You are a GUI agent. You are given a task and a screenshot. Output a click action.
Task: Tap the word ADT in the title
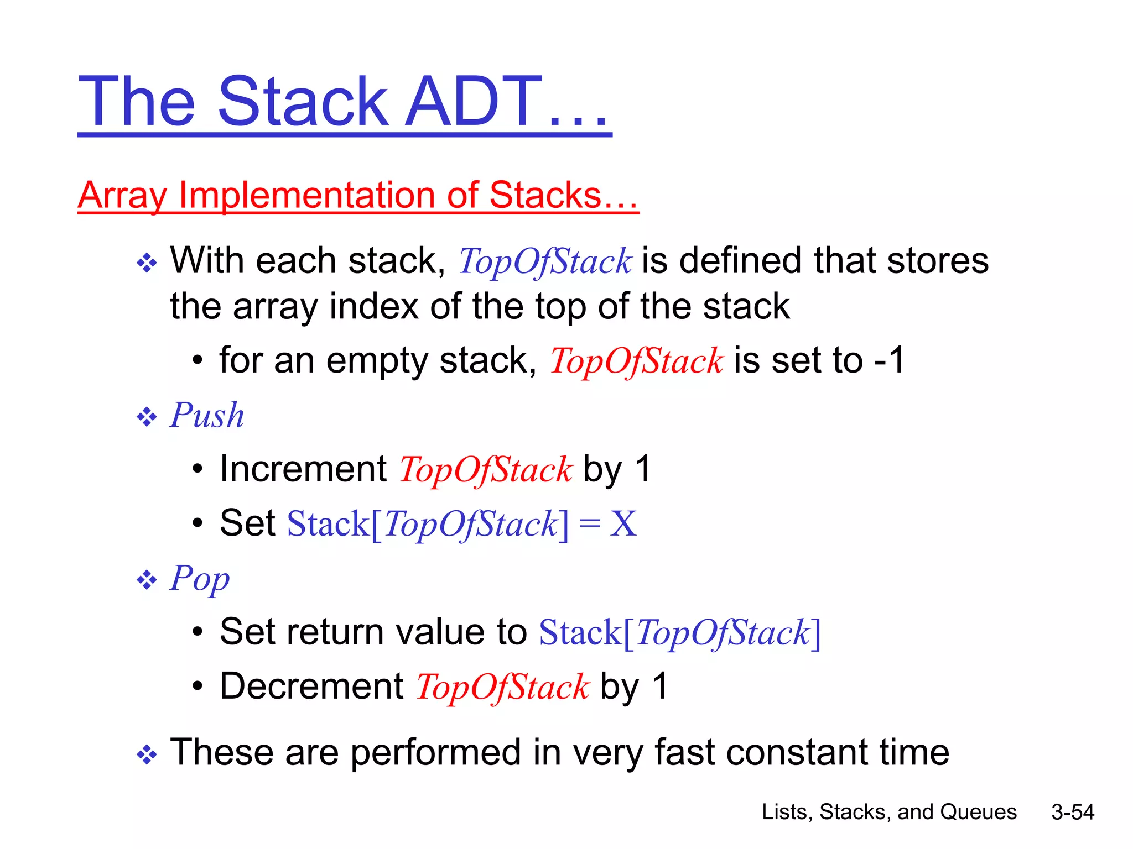(473, 102)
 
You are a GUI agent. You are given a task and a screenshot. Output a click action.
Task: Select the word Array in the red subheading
(122, 196)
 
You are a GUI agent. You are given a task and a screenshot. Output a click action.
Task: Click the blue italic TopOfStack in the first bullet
(544, 261)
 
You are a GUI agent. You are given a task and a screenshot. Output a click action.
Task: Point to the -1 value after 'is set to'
(889, 360)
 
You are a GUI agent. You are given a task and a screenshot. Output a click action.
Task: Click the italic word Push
(207, 415)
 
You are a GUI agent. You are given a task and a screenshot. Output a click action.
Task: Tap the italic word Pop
(200, 579)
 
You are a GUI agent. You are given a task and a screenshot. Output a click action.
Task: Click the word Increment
(303, 469)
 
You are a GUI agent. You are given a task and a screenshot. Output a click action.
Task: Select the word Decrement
(311, 686)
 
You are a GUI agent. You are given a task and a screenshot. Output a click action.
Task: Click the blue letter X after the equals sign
(623, 523)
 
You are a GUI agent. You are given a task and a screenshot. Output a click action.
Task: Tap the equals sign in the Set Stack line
(589, 524)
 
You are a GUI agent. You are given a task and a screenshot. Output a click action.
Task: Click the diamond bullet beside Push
(147, 417)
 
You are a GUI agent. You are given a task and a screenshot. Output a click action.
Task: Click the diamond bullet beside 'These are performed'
(147, 754)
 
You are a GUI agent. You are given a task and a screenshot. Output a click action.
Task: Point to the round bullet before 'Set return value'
(198, 632)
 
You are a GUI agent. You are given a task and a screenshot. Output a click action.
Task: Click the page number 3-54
(1072, 812)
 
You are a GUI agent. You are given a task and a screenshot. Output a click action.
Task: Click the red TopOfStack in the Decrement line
(502, 687)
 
